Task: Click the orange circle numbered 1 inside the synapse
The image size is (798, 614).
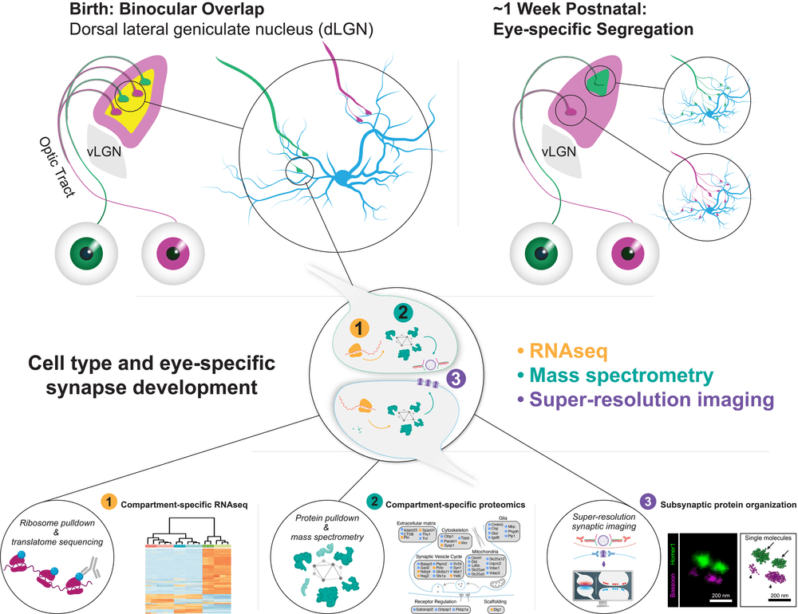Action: tap(359, 328)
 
